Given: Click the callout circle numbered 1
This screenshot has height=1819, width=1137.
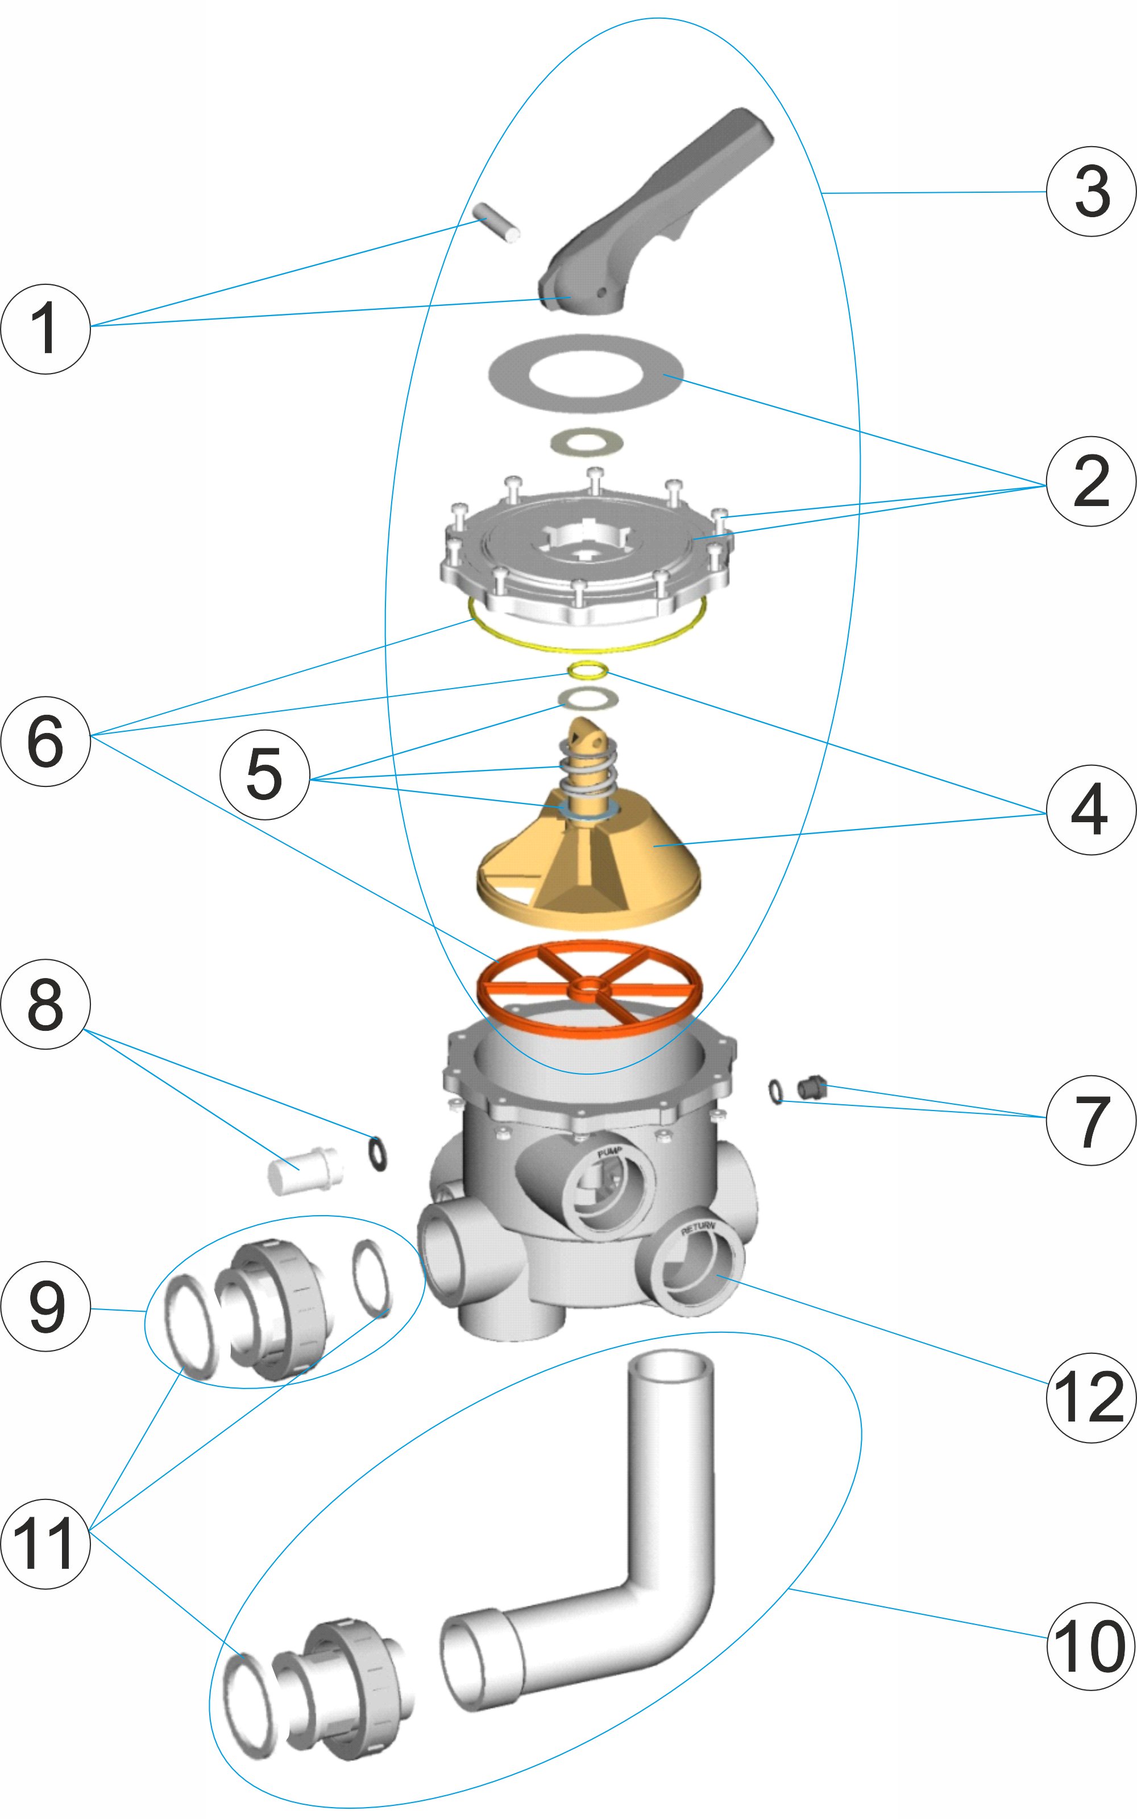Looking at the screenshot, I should [x=45, y=329].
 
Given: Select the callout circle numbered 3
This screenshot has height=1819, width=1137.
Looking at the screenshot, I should [x=1091, y=192].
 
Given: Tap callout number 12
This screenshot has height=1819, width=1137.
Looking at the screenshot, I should [x=1091, y=1397].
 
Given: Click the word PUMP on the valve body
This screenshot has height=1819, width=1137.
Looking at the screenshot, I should [x=610, y=1153].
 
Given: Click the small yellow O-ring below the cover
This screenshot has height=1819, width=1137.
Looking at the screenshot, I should [x=588, y=669].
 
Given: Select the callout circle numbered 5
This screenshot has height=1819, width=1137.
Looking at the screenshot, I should [x=265, y=774].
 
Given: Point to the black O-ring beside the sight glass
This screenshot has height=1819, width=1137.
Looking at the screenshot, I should [x=377, y=1154].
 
